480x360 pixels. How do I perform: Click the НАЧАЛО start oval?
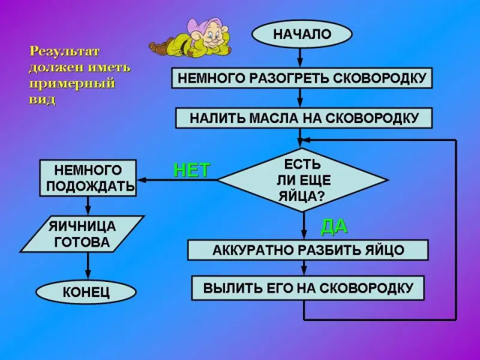click(x=302, y=34)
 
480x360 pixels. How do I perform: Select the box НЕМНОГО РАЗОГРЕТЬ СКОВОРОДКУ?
click(x=302, y=78)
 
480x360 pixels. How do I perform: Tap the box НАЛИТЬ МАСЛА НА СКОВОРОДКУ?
click(x=304, y=118)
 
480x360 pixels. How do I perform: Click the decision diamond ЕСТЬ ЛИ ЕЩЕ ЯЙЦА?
click(x=302, y=180)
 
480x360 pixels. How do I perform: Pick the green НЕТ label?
click(x=192, y=170)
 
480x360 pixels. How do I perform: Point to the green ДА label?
click(x=334, y=227)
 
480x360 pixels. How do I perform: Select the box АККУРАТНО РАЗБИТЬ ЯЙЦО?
click(x=308, y=250)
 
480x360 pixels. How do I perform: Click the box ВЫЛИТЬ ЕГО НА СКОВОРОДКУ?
click(x=308, y=288)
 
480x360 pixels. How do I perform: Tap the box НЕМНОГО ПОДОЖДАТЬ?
click(x=88, y=178)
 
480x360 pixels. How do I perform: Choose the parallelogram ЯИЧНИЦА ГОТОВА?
click(x=82, y=234)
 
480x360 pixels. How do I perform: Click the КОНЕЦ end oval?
click(x=86, y=292)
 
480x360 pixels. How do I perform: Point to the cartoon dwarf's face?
click(x=214, y=35)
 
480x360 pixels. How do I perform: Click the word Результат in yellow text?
click(x=65, y=52)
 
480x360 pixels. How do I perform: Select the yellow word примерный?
click(x=72, y=83)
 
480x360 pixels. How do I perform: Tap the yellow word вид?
click(x=42, y=100)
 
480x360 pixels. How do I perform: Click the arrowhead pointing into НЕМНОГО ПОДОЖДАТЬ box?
click(x=142, y=180)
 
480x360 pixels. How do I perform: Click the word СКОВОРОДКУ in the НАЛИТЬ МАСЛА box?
click(x=371, y=118)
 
